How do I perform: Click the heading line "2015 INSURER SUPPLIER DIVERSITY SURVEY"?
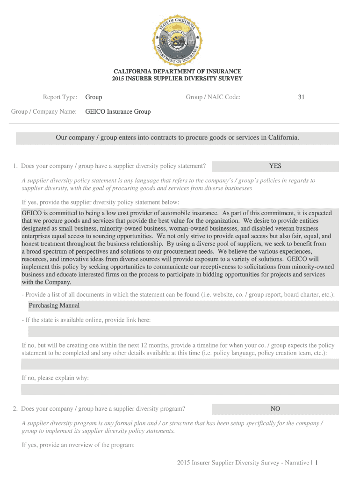click(177, 79)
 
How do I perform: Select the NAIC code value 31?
click(301, 97)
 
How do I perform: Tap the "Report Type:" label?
click(60, 97)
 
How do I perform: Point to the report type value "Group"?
click(94, 97)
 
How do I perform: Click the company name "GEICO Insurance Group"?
click(118, 112)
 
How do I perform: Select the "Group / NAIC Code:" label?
click(213, 97)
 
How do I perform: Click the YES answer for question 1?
click(275, 166)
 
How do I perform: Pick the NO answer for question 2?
click(275, 409)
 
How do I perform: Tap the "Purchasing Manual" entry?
click(54, 305)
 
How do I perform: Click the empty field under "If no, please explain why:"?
click(180, 390)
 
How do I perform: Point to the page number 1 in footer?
click(317, 463)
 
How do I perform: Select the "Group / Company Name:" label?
click(44, 112)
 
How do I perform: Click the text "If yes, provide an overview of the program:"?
click(78, 445)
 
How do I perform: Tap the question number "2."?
click(16, 409)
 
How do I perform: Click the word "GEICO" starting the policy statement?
click(31, 213)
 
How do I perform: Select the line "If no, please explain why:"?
click(55, 377)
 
